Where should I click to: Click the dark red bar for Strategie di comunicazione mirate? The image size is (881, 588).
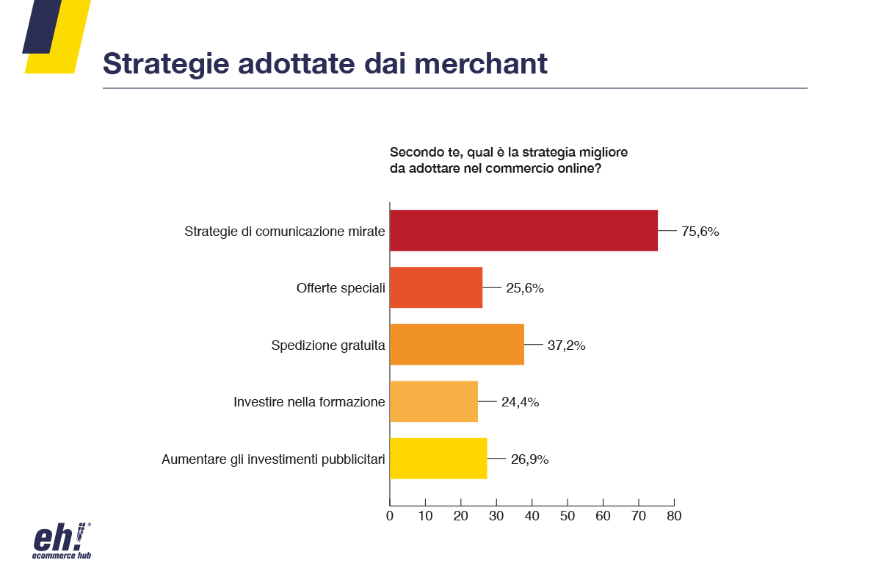[523, 231]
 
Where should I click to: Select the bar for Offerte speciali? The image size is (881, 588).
[436, 287]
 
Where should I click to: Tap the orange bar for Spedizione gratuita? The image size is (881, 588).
[457, 345]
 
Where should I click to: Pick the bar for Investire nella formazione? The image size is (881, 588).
[434, 401]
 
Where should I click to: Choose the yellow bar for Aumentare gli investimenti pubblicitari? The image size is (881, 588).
[438, 459]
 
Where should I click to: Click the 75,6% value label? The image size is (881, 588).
[700, 232]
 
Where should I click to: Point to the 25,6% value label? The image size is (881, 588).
[524, 288]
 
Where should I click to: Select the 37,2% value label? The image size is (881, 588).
[566, 345]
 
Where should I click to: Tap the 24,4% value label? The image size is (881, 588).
[520, 402]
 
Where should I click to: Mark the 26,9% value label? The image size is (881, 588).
[529, 459]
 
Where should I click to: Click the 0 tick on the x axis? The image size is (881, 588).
[390, 516]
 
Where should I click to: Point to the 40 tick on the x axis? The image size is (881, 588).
[532, 516]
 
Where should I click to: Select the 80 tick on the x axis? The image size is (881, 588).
[674, 516]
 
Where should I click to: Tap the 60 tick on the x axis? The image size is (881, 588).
[603, 516]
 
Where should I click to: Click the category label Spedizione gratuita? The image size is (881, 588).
[328, 345]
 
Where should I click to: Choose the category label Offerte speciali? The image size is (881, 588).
[341, 288]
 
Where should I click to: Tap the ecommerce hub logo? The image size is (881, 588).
[62, 541]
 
